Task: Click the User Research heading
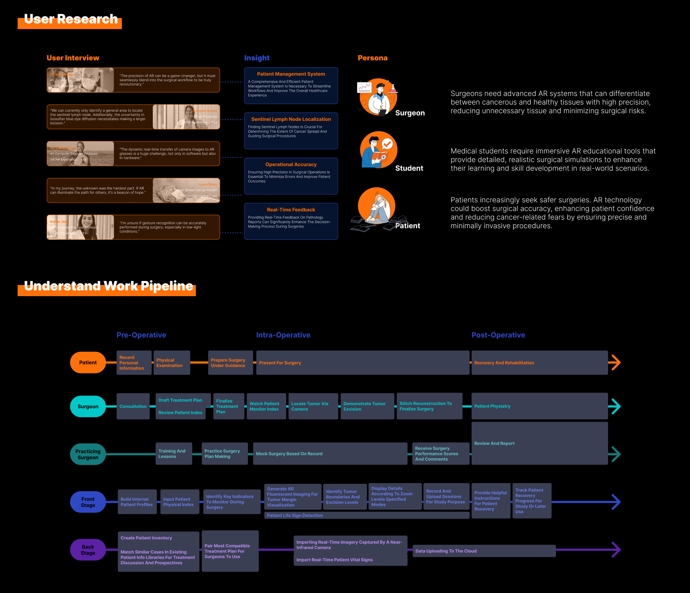(71, 19)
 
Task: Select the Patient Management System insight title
(291, 74)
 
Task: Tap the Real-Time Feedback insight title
(291, 210)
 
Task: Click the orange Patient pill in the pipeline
(88, 363)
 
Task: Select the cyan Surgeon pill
(88, 406)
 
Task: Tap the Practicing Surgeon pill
(88, 454)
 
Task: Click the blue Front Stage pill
(88, 502)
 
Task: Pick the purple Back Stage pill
(88, 550)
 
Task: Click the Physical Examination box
(171, 363)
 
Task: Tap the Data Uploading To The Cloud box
(484, 551)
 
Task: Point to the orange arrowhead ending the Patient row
(616, 363)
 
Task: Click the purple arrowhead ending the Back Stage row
(616, 550)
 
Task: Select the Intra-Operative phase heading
(283, 335)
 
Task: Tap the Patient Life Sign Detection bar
(367, 515)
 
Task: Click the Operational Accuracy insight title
(291, 165)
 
